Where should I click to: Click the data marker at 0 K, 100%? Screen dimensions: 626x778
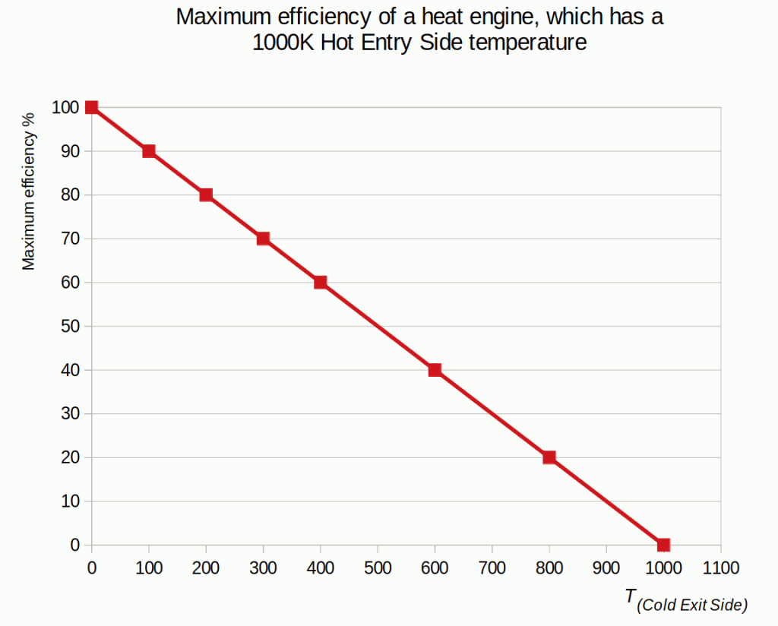91,107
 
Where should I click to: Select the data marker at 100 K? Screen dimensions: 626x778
149,151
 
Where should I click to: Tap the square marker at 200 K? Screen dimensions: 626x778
206,194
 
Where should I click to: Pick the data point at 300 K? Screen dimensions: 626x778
263,239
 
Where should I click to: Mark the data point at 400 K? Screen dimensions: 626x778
321,283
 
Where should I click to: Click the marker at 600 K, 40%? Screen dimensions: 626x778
435,370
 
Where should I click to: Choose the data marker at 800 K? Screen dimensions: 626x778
549,457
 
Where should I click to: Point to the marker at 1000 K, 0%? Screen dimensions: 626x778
663,545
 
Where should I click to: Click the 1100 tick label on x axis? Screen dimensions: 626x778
720,567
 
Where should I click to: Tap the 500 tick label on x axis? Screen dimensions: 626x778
378,567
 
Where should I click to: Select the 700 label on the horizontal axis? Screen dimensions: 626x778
492,567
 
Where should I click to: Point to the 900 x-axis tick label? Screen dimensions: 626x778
606,567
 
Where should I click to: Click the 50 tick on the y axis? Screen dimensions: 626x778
70,327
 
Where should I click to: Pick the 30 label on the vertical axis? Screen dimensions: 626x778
70,414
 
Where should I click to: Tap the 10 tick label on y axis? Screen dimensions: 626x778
70,501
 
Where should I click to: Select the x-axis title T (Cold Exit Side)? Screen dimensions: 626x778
686,600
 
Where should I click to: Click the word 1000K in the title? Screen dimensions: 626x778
283,43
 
